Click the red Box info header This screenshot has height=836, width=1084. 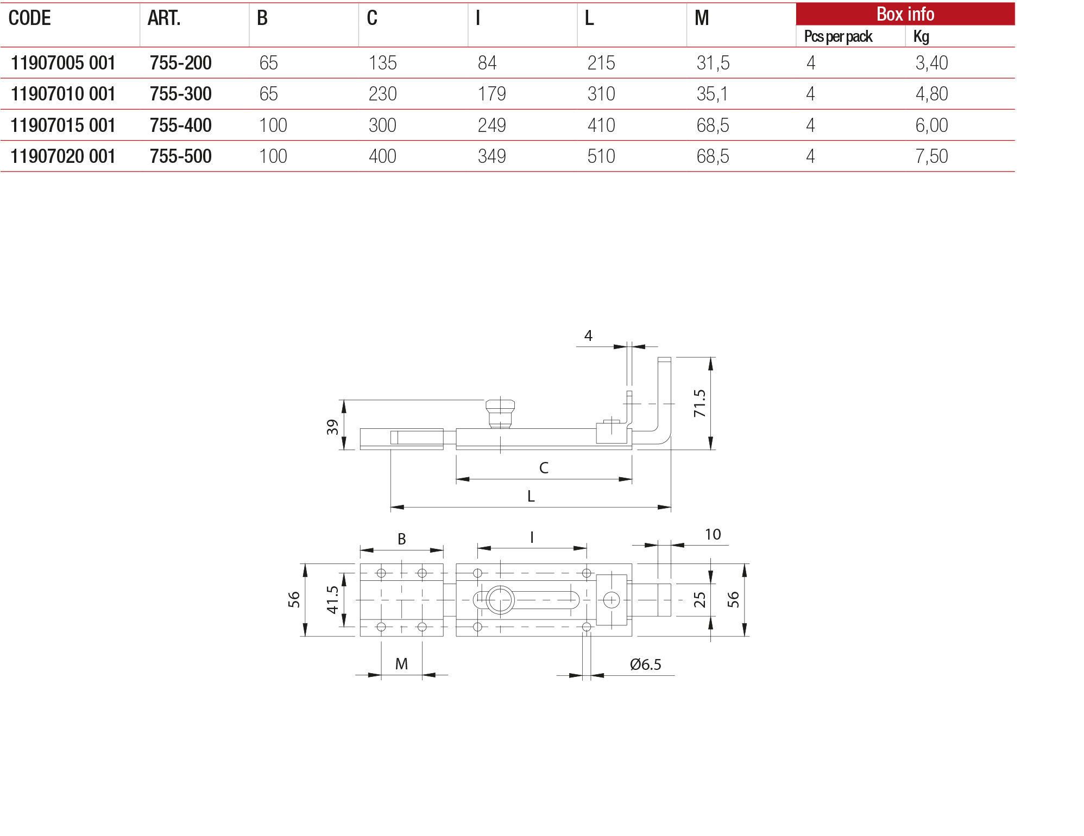[905, 14]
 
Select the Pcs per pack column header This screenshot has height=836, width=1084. [837, 36]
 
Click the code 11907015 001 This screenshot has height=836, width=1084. [63, 125]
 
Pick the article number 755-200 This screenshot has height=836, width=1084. [180, 63]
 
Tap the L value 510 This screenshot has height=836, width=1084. [601, 156]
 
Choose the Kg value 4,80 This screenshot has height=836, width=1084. [931, 94]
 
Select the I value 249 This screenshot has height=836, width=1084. [491, 125]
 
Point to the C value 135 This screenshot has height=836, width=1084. [382, 63]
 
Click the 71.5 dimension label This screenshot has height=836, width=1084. [699, 403]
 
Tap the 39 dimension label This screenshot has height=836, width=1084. [332, 427]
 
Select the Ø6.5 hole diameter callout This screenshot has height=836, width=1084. [645, 664]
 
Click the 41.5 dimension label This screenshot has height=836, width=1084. [332, 600]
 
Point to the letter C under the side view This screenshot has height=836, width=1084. [544, 468]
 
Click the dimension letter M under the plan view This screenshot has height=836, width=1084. [401, 664]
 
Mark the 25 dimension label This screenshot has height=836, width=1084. [699, 600]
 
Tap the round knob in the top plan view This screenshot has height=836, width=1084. [500, 600]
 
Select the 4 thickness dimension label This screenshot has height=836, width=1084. [588, 336]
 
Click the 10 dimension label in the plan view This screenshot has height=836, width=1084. [713, 535]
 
